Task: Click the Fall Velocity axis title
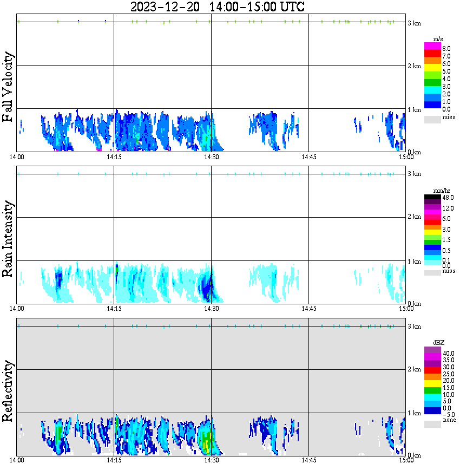[8, 88]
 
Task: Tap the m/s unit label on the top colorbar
[438, 40]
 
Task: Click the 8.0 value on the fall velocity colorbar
[446, 48]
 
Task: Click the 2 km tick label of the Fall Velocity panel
[414, 66]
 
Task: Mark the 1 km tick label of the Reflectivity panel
[414, 414]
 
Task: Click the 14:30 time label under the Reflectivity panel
[211, 460]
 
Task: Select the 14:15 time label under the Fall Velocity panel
[114, 157]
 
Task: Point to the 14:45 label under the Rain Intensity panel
[308, 309]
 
